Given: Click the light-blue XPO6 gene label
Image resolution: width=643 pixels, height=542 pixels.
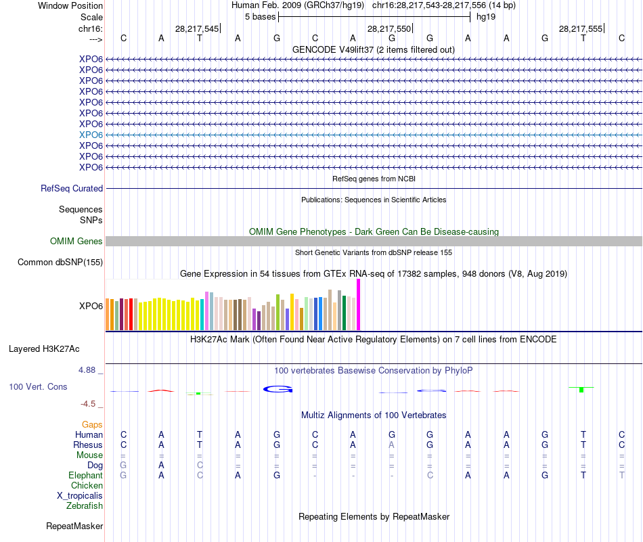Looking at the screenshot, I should coord(91,135).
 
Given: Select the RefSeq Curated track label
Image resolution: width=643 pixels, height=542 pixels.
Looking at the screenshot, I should coord(72,189).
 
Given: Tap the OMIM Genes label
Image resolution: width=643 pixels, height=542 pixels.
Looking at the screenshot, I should coord(76,242).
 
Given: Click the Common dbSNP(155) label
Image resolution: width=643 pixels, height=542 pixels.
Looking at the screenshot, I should coord(60,263).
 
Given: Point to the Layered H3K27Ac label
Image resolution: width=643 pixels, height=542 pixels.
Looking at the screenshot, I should coord(44,350).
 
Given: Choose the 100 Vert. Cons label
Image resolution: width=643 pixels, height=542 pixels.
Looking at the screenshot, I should coord(38,387).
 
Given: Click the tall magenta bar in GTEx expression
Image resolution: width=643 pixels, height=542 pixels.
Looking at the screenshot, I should coord(358,304).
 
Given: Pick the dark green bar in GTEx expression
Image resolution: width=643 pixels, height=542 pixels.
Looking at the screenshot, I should coord(344,313).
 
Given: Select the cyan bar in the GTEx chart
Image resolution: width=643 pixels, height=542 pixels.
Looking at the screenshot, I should coord(202,314).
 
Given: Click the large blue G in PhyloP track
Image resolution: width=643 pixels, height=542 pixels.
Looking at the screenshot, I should coord(278,388).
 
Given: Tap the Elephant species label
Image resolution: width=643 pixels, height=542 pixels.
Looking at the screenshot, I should coord(85,476).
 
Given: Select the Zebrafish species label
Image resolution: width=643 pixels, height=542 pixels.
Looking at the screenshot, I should coord(85,505).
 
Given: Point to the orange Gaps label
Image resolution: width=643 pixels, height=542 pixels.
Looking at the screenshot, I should coord(92,424).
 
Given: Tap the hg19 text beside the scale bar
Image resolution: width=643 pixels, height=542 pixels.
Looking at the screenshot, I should coord(485,16).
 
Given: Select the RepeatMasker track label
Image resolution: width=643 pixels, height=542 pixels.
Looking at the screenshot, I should coord(74,526).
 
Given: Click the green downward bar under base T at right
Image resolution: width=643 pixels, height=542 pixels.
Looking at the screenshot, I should coord(581,390).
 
